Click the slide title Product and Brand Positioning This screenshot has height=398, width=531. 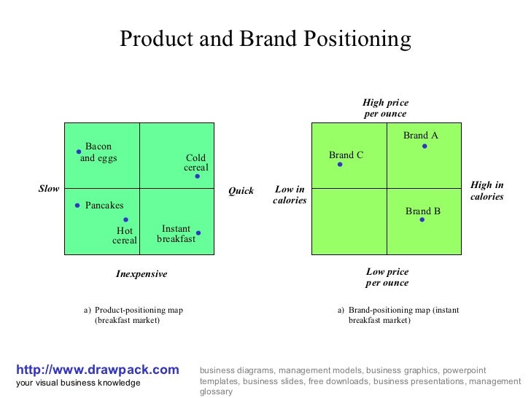pos(265,39)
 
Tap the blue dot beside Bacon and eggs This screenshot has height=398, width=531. pos(78,152)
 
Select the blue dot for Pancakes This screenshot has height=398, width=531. pos(77,206)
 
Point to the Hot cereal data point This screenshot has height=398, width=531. pos(125,219)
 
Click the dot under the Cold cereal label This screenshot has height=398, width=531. pos(197,176)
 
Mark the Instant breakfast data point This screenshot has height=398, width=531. pos(198,233)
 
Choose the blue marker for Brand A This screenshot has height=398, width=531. pos(425,147)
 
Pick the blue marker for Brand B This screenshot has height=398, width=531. pos(422,219)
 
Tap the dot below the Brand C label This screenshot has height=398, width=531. pos(340,165)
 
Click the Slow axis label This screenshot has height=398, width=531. pos(49,190)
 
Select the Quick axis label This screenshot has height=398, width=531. pos(241,191)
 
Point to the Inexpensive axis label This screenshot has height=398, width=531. pos(142,274)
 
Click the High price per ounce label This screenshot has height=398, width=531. pos(386,109)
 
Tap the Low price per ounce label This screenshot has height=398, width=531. pos(387,277)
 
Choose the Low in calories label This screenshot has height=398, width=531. pos(290,195)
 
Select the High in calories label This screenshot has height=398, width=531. pos(487,191)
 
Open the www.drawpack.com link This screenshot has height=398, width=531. pos(97,370)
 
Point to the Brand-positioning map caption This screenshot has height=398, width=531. pos(398,315)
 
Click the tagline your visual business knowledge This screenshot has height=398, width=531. pos(78,383)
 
